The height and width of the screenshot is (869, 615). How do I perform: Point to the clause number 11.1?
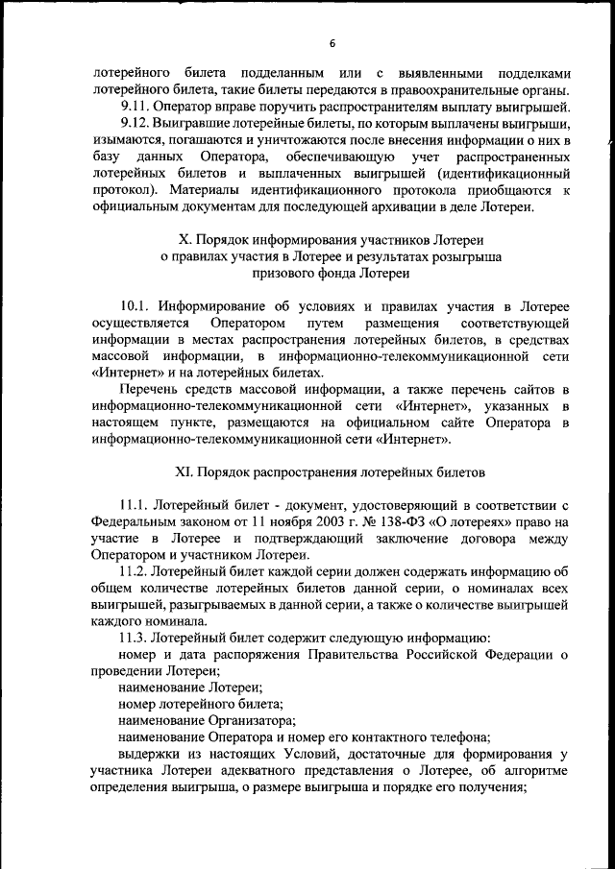pos(135,505)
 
